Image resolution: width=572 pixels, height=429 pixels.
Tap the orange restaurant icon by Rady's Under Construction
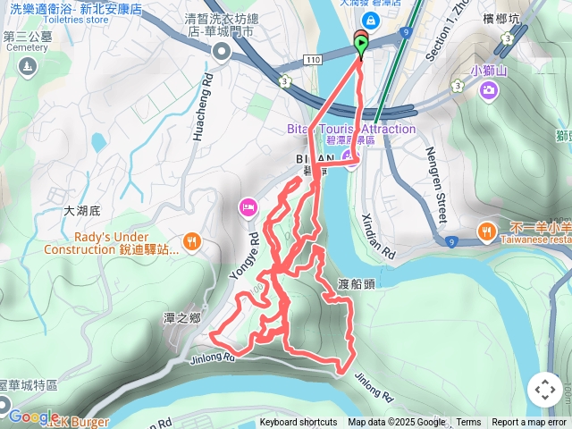[x=191, y=240]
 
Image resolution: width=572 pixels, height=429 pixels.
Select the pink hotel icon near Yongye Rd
[x=248, y=208]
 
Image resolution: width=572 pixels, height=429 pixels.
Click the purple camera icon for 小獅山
[x=488, y=89]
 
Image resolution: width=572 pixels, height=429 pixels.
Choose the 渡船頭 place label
[x=357, y=285]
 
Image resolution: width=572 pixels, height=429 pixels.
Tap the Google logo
[x=34, y=416]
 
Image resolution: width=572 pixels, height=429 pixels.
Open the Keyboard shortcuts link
[x=299, y=423]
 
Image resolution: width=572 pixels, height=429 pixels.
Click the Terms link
[x=468, y=423]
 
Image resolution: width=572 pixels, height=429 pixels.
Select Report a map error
[x=529, y=423]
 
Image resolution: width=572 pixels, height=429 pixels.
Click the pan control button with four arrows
[x=544, y=389]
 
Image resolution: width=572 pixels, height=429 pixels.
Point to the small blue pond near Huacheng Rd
[x=96, y=140]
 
